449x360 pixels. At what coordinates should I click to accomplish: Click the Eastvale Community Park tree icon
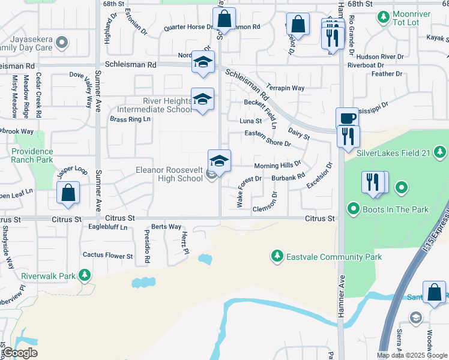click(277, 257)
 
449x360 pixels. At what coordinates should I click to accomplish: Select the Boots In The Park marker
click(354, 209)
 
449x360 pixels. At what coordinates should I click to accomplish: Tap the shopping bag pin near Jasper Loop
click(68, 194)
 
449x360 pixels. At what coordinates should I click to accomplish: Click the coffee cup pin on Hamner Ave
click(346, 119)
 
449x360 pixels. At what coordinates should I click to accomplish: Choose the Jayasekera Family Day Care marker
click(62, 43)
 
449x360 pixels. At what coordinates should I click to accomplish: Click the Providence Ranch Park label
click(32, 155)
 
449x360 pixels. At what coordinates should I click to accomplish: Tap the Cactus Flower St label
click(107, 256)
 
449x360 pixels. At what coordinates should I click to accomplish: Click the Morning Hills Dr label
click(277, 165)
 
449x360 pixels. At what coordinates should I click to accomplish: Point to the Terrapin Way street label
click(286, 88)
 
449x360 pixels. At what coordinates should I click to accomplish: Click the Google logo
click(20, 353)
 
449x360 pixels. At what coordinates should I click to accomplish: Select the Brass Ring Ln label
click(130, 119)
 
